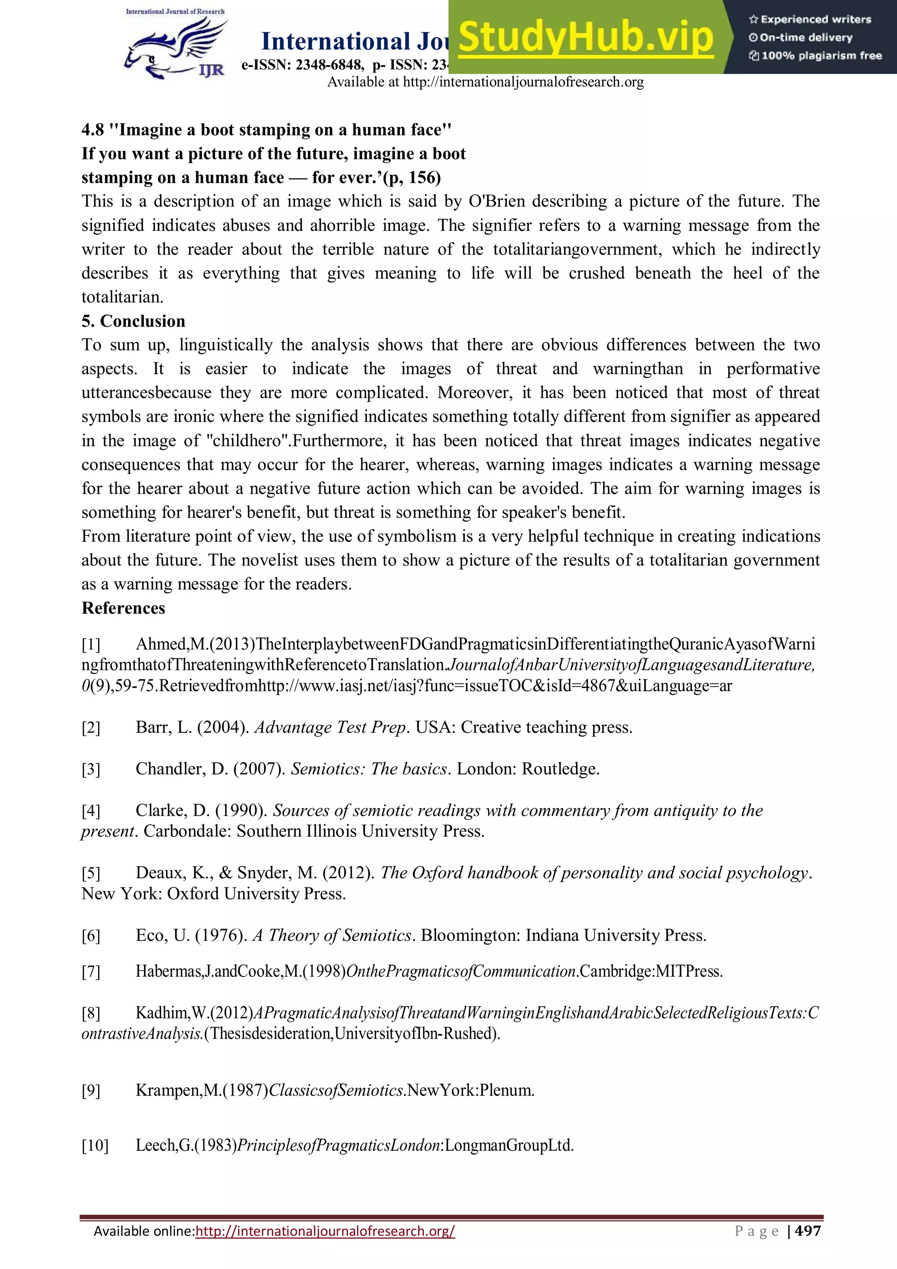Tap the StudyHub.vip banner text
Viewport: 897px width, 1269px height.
[x=586, y=38]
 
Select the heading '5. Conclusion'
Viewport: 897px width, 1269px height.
[x=133, y=321]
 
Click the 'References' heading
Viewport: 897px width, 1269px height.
[x=123, y=608]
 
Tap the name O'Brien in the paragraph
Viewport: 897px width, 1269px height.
[x=496, y=201]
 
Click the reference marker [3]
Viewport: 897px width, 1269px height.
[x=91, y=769]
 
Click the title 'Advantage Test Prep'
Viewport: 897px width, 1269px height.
[x=330, y=727]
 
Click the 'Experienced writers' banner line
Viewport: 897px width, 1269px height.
[x=810, y=19]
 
